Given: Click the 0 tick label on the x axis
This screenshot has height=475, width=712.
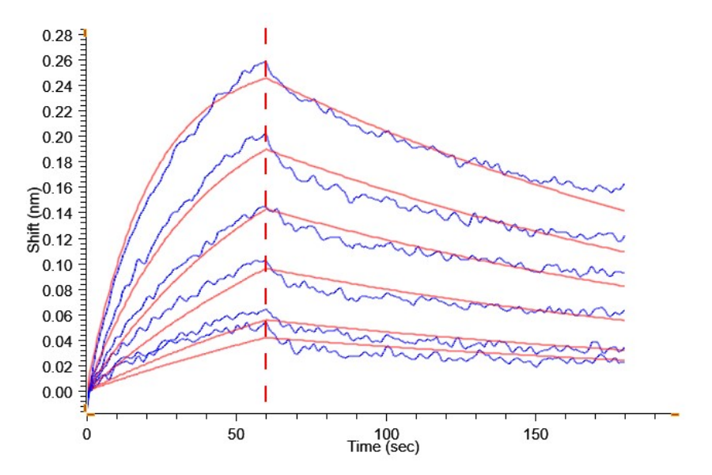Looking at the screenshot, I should pyautogui.click(x=87, y=434).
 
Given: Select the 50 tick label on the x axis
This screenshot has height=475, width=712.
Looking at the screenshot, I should pyautogui.click(x=236, y=434).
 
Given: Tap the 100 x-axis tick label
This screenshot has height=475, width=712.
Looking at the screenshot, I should pyautogui.click(x=386, y=434).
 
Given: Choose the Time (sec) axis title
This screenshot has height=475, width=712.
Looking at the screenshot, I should pyautogui.click(x=384, y=447).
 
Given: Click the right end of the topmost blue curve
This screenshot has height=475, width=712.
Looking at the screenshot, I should pyautogui.click(x=624, y=184).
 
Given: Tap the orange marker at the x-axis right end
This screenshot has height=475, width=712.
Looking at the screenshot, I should pyautogui.click(x=675, y=413).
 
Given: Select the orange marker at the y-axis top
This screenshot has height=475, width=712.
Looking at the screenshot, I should pyautogui.click(x=85, y=32).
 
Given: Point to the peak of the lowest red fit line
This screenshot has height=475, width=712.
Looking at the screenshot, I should pyautogui.click(x=266, y=338).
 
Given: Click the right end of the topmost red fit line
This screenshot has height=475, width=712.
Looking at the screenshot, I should pyautogui.click(x=624, y=211).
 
